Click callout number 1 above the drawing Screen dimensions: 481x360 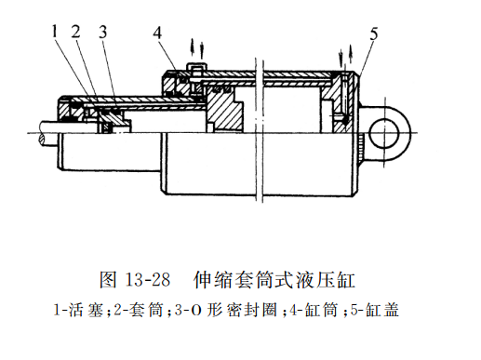pyautogui.click(x=55, y=32)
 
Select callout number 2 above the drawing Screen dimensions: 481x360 pyautogui.click(x=75, y=32)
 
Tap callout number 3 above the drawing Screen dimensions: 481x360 pyautogui.click(x=103, y=32)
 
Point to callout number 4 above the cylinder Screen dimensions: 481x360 pyautogui.click(x=157, y=33)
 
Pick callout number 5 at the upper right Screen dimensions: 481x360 pyautogui.click(x=374, y=33)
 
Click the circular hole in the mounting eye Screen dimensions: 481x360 pyautogui.click(x=384, y=132)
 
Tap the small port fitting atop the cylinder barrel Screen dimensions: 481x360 pyautogui.click(x=196, y=67)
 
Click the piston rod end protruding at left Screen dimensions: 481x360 pyautogui.click(x=48, y=133)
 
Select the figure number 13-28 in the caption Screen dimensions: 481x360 pyautogui.click(x=148, y=279)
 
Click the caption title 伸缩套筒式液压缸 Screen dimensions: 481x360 pyautogui.click(x=274, y=279)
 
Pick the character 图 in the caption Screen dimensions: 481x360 pyautogui.click(x=108, y=279)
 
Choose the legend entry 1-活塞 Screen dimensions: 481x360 pyautogui.click(x=78, y=310)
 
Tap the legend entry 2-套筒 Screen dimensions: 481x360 pyautogui.click(x=139, y=310)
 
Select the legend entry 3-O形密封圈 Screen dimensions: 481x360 pyautogui.click(x=225, y=310)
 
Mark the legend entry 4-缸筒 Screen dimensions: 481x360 pyautogui.click(x=314, y=310)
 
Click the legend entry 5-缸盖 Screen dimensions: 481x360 pyautogui.click(x=374, y=310)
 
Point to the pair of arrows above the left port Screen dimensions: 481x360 pyautogui.click(x=197, y=48)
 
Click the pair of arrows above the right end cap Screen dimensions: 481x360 pyautogui.click(x=345, y=57)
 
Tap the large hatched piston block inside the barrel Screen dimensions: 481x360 pyautogui.click(x=224, y=109)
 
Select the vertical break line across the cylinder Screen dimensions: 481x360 pyautogui.click(x=259, y=130)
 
